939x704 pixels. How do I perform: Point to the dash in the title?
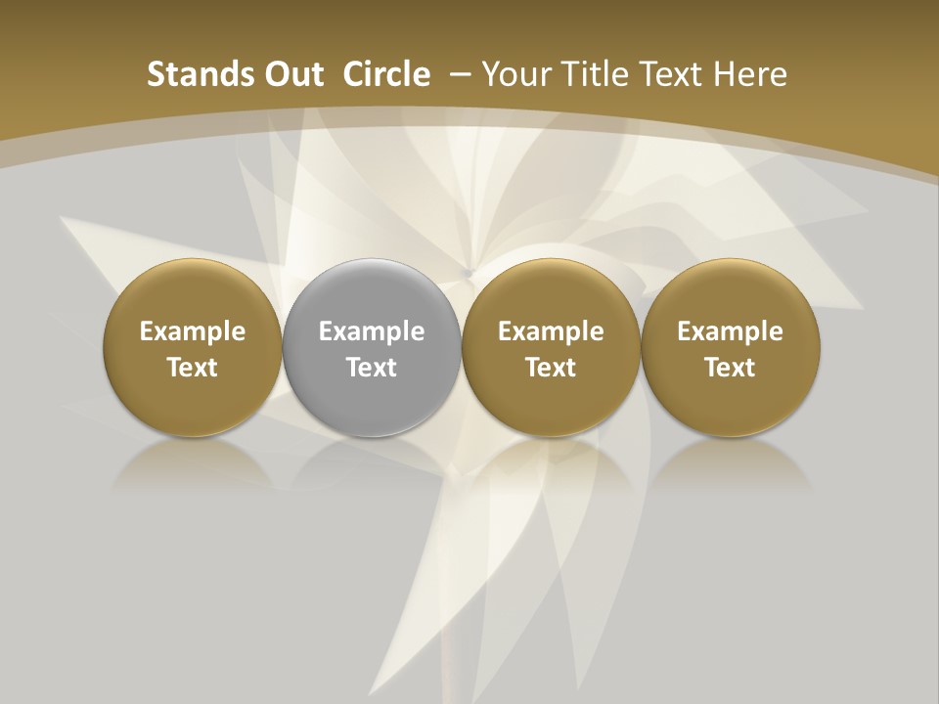pyautogui.click(x=456, y=74)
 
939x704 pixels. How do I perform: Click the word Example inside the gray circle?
pyautogui.click(x=372, y=331)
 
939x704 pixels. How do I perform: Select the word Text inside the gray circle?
pyautogui.click(x=372, y=368)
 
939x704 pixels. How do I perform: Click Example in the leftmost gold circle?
pyautogui.click(x=193, y=331)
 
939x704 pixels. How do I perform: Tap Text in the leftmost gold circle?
pyautogui.click(x=193, y=368)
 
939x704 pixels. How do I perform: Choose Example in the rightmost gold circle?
pyautogui.click(x=730, y=331)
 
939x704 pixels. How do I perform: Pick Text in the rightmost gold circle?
pyautogui.click(x=730, y=368)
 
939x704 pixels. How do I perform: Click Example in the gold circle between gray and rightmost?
pyautogui.click(x=551, y=331)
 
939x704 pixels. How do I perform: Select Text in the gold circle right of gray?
pyautogui.click(x=551, y=368)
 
